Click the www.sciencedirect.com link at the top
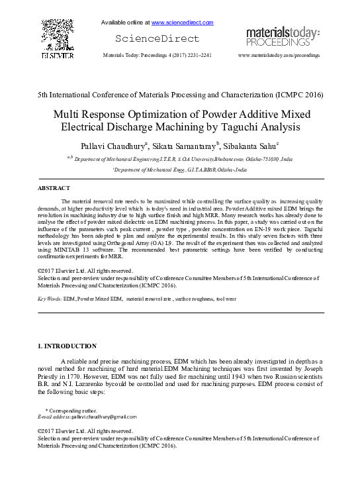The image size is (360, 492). pyautogui.click(x=182, y=23)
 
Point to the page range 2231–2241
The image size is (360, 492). pyautogui.click(x=198, y=56)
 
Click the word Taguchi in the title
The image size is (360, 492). pyautogui.click(x=237, y=126)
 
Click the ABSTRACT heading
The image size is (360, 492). pyautogui.click(x=54, y=189)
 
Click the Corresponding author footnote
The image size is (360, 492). pyautogui.click(x=66, y=411)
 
